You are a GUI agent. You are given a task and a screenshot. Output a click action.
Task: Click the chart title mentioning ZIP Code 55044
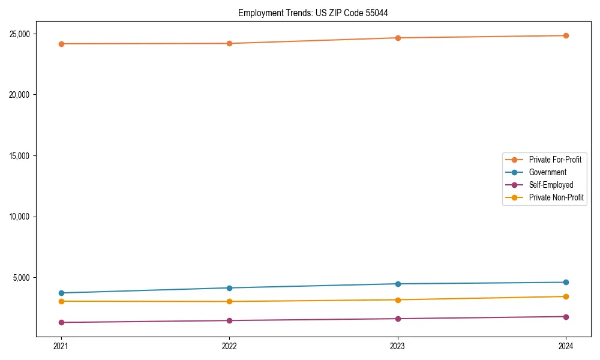(x=317, y=13)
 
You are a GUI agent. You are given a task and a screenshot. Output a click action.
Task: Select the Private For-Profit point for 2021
(x=61, y=44)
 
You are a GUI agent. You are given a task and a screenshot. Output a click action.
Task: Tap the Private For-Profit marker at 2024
(x=566, y=35)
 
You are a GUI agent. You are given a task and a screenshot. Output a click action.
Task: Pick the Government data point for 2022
(x=229, y=288)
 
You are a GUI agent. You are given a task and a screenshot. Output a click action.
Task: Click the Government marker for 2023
(x=398, y=284)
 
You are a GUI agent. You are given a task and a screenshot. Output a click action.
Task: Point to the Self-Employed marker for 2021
(x=61, y=322)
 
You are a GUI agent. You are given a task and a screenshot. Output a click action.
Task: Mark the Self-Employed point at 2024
(x=566, y=317)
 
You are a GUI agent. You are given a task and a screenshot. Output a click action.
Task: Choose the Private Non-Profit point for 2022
(x=229, y=301)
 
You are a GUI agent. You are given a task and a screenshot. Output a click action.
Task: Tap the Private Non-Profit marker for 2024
(x=566, y=296)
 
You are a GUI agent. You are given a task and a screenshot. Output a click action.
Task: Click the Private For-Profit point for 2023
(x=398, y=38)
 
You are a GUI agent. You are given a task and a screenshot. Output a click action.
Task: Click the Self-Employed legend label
(x=551, y=185)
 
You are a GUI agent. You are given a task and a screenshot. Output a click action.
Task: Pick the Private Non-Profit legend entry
(x=556, y=197)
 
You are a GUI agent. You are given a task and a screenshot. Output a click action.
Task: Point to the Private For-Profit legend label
(x=555, y=160)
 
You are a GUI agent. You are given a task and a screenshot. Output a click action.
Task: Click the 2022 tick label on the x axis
(x=229, y=346)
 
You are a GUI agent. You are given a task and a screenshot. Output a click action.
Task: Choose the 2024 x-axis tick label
(x=566, y=346)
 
